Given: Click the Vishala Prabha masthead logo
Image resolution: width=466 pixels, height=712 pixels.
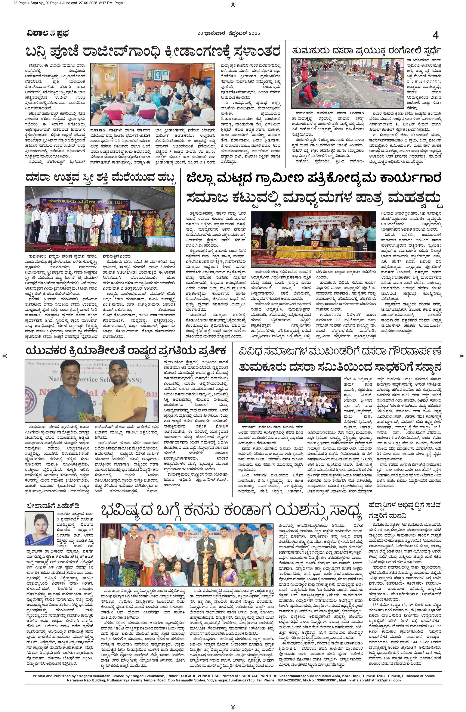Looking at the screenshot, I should click(46, 34).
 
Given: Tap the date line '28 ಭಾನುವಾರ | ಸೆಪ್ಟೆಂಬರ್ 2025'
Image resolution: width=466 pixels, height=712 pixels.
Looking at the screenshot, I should click(228, 33).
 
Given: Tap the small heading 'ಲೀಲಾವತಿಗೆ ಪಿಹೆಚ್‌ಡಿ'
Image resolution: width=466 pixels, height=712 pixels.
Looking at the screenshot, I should click(53, 506).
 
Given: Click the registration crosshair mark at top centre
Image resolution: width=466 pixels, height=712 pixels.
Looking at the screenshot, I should click(233, 4).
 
